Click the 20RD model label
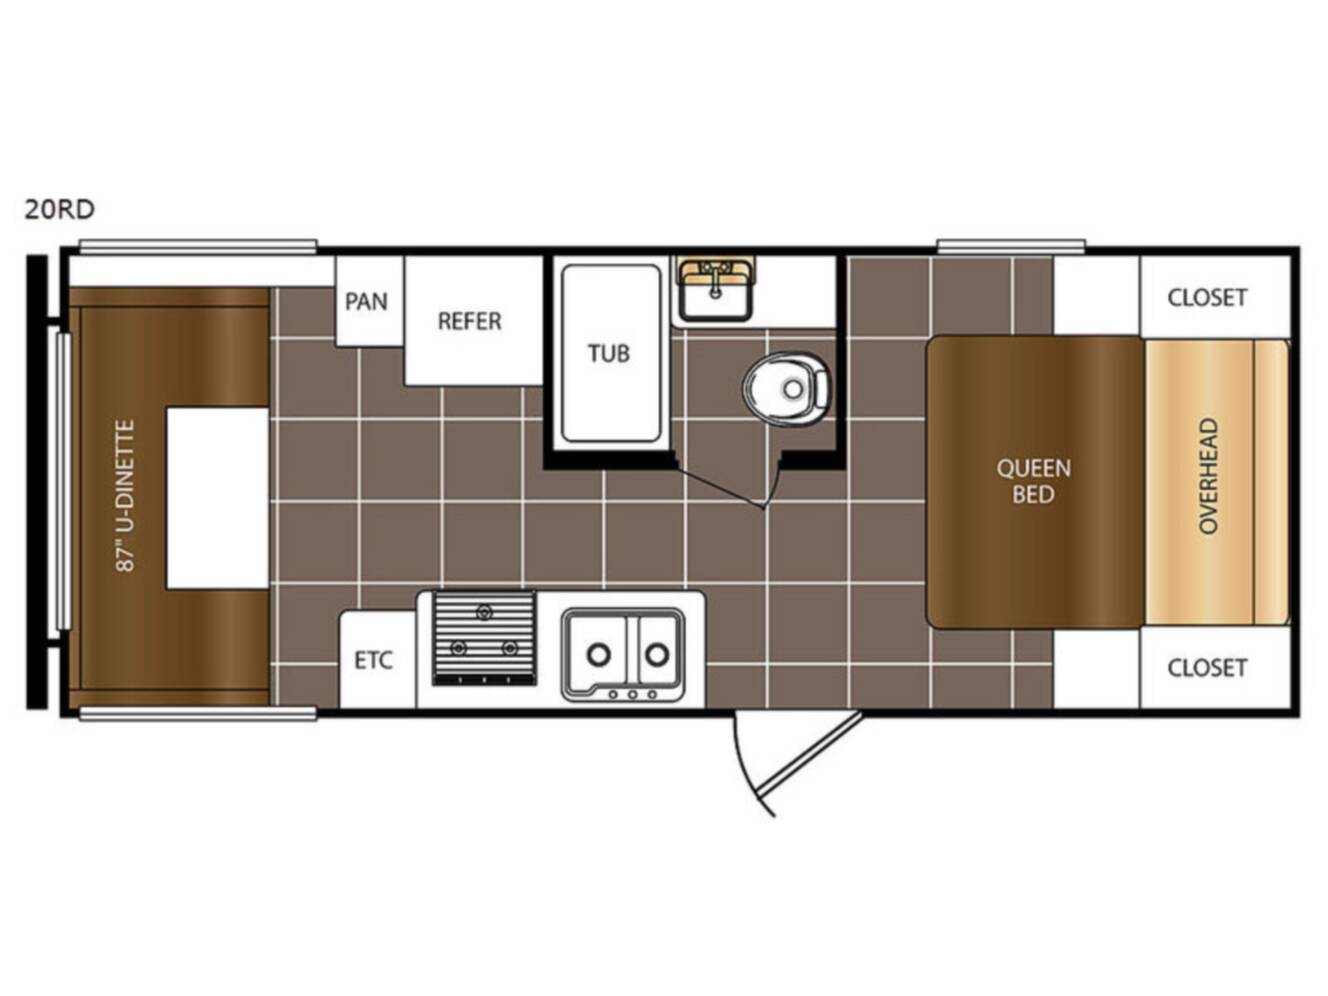[59, 209]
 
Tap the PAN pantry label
[366, 301]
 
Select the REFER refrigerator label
[469, 321]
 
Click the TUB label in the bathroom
[609, 353]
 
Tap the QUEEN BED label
[1033, 481]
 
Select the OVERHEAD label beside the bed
[1208, 476]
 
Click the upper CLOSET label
[1207, 298]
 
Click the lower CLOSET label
[1207, 668]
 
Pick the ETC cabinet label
[373, 660]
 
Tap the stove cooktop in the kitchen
[484, 638]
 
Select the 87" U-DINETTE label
[125, 496]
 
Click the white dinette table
[218, 498]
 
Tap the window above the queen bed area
[1010, 246]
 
